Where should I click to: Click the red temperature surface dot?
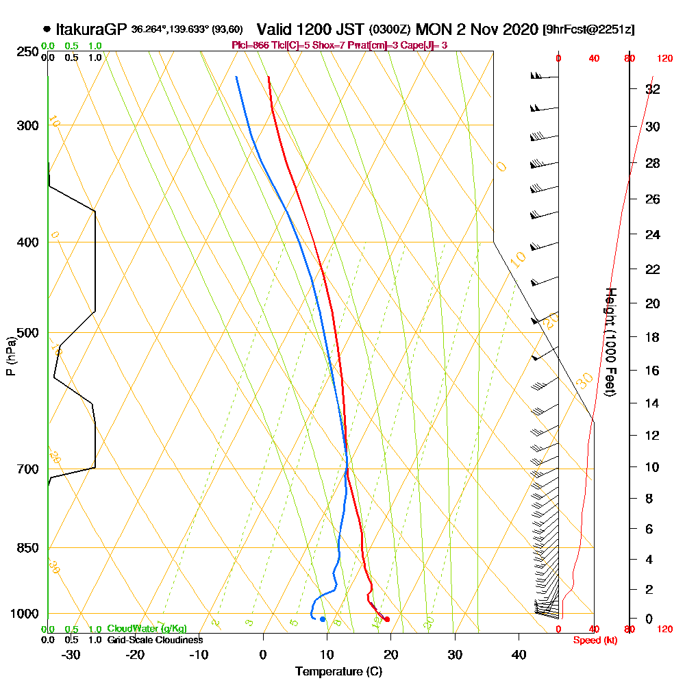pos(387,619)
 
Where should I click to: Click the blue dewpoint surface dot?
pos(323,619)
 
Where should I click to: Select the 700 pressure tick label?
pos(27,469)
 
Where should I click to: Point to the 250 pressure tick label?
pos(27,52)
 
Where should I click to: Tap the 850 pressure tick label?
pos(27,548)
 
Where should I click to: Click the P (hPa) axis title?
pos(10,356)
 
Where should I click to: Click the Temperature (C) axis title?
pos(338,671)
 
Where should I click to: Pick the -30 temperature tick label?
pos(71,655)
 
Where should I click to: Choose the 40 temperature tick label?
pos(519,655)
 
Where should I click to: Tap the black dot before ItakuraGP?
pos(47,29)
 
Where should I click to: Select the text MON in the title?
pos(436,29)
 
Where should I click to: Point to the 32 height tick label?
pos(653,89)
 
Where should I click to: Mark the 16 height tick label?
pos(653,371)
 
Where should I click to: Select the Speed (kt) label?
pos(593,640)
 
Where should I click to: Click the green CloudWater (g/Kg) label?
pos(147,629)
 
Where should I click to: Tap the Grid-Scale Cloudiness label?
pos(155,640)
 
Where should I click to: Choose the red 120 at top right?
pos(664,58)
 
